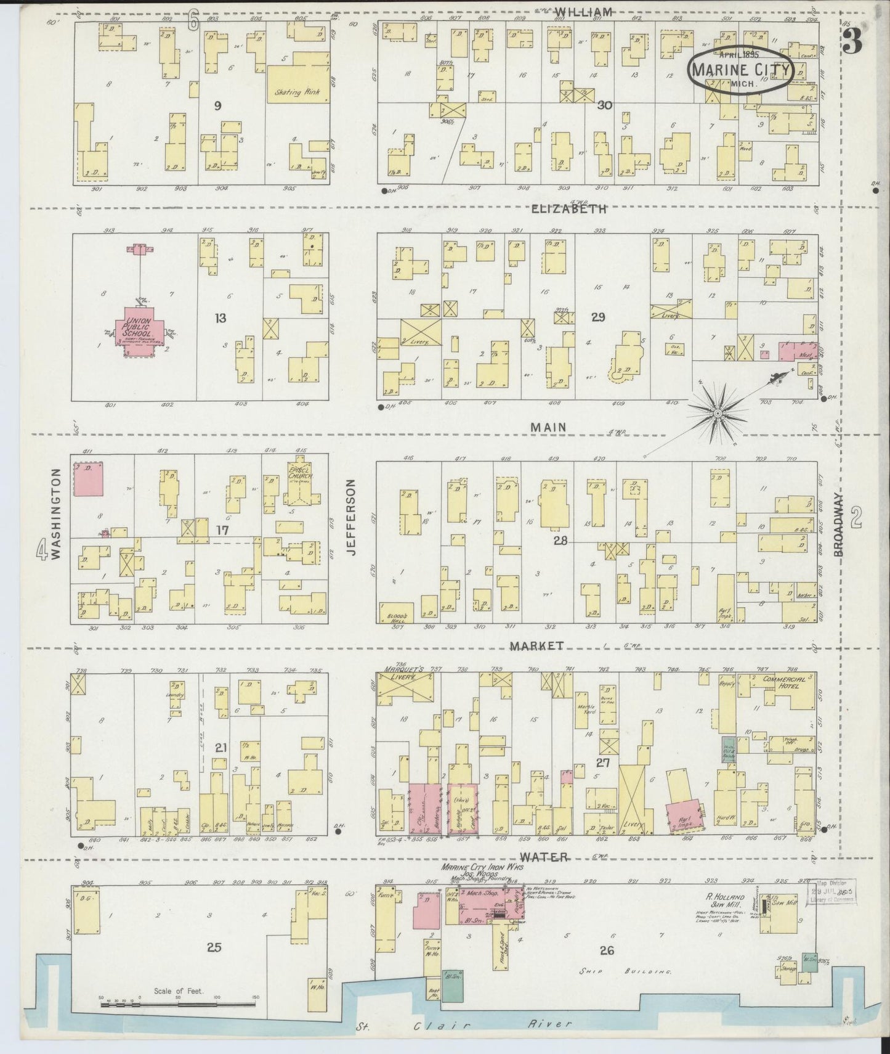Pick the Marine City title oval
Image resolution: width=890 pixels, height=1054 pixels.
pyautogui.click(x=740, y=70)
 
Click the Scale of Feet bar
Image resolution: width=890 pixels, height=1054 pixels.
pyautogui.click(x=178, y=1004)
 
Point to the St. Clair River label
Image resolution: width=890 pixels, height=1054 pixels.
pyautogui.click(x=465, y=1024)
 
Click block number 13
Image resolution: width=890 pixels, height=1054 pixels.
pyautogui.click(x=220, y=318)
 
